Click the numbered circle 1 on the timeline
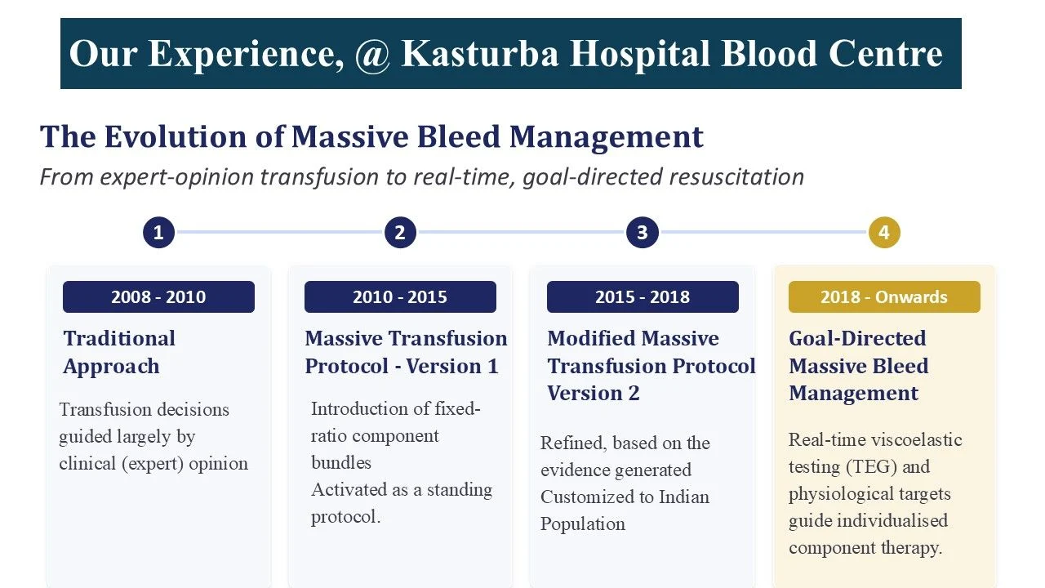tap(158, 233)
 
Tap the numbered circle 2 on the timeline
tap(400, 233)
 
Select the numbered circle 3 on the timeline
tap(643, 233)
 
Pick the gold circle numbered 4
tap(884, 233)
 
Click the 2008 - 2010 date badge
tap(158, 296)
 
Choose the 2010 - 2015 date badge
tap(400, 296)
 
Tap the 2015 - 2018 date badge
tap(643, 296)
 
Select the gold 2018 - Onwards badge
tap(884, 296)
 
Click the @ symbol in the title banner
tap(372, 55)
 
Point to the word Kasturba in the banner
tap(479, 53)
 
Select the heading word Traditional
tap(119, 338)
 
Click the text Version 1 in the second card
tap(451, 366)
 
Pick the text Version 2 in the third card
tap(593, 393)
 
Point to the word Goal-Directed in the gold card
tap(857, 338)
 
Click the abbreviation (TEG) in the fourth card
tap(871, 466)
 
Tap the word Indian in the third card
tap(684, 497)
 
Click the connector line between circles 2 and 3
tap(521, 232)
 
